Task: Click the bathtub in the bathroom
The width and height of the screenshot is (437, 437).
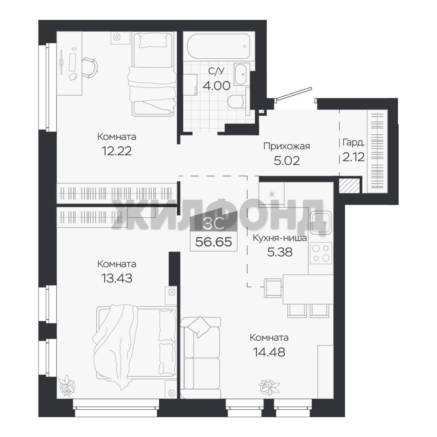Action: pyautogui.click(x=218, y=46)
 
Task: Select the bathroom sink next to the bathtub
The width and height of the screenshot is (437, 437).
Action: pyautogui.click(x=242, y=74)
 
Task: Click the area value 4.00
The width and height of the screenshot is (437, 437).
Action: pyautogui.click(x=216, y=85)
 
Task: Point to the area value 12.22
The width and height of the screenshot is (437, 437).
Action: pyautogui.click(x=117, y=151)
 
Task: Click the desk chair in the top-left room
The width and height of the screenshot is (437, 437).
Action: pyautogui.click(x=90, y=67)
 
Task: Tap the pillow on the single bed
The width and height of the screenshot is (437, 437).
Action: pyautogui.click(x=152, y=41)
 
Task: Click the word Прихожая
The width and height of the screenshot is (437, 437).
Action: pyautogui.click(x=286, y=146)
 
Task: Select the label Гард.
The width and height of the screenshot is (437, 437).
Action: pyautogui.click(x=353, y=143)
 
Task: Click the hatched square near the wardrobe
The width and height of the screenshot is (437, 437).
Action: pyautogui.click(x=350, y=186)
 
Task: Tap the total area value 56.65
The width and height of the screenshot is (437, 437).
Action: pyautogui.click(x=214, y=242)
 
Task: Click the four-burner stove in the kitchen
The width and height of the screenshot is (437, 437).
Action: pyautogui.click(x=321, y=253)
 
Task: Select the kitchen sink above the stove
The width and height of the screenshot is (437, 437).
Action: pyautogui.click(x=321, y=223)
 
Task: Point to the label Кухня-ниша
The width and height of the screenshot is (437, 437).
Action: pyautogui.click(x=280, y=238)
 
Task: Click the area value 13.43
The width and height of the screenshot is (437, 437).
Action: pyautogui.click(x=117, y=278)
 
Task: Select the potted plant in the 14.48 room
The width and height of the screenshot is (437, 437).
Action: pyautogui.click(x=269, y=387)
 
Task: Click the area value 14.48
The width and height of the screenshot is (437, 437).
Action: pyautogui.click(x=269, y=352)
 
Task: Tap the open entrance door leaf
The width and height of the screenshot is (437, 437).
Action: pyautogui.click(x=294, y=93)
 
